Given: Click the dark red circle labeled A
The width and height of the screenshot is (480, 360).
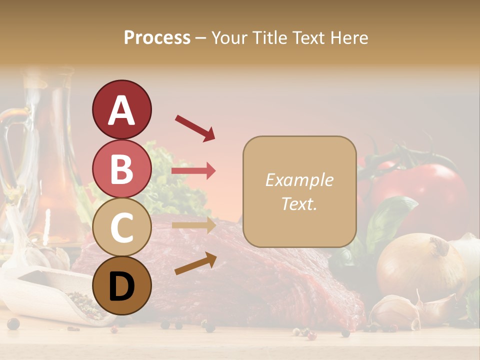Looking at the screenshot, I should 121,109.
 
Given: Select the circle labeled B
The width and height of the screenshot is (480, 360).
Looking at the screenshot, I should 121,168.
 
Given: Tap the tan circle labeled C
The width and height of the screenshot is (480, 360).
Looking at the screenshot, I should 121,227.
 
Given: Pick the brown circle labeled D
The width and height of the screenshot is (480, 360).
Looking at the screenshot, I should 121,285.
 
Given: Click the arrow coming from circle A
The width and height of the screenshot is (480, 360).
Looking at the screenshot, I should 194,127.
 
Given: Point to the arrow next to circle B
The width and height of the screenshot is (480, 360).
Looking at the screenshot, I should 193,171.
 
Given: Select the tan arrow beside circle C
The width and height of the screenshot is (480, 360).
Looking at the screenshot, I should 193,225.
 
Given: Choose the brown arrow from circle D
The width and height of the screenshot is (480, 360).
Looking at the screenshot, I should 195,263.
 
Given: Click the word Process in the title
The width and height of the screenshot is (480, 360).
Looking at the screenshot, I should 157,37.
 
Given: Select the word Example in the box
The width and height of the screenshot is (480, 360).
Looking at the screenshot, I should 299,180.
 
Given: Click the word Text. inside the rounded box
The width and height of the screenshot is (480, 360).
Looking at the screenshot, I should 299,203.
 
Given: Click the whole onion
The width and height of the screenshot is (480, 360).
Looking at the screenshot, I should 420,265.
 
